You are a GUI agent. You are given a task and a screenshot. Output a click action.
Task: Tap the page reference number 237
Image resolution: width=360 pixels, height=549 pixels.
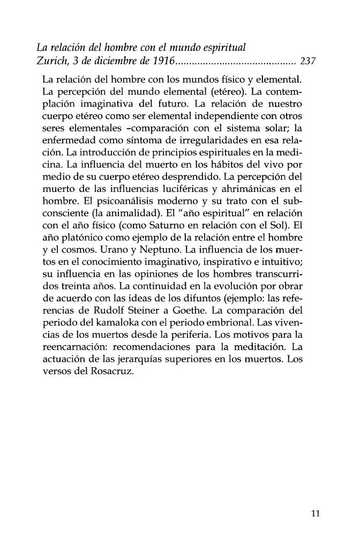(x=310, y=61)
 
